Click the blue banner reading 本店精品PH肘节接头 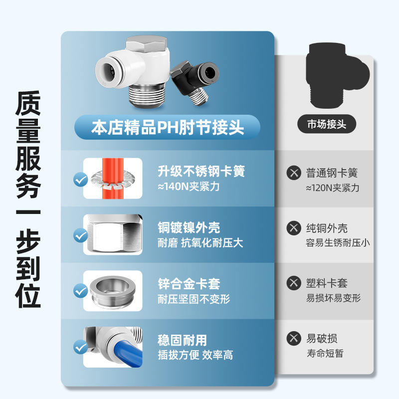point(167,127)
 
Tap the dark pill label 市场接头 point(327,124)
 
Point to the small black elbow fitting point(195,81)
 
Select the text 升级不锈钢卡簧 point(201,171)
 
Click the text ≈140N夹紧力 point(189,187)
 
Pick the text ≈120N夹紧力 point(333,188)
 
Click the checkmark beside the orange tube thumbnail point(81,180)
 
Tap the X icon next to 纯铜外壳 point(294,228)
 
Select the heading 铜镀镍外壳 point(189,227)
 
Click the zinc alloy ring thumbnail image point(113,291)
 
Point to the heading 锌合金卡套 point(189,284)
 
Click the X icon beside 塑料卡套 point(294,283)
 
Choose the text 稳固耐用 point(182,340)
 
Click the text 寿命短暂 point(325,353)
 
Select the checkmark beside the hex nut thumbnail point(81,235)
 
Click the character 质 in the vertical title point(28,104)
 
